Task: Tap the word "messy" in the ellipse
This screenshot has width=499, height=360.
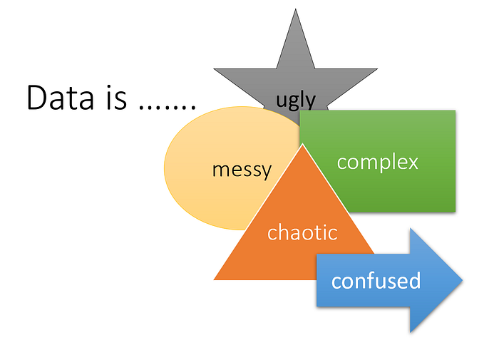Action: pos(242,170)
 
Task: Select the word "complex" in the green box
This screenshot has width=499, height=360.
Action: pos(377,163)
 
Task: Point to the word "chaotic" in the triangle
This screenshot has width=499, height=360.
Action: pos(302,232)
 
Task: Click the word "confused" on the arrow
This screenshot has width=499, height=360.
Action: pos(376,280)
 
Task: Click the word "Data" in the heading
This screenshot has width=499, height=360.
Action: pos(61,98)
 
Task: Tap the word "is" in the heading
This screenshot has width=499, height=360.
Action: pos(116,98)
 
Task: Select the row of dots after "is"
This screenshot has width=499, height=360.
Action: pos(168,107)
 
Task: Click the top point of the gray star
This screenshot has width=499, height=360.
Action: pos(295,9)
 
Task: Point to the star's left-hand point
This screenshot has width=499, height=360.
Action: pos(214,68)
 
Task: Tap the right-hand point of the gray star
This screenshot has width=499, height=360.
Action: pos(377,68)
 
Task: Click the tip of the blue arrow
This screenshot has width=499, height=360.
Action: pos(463,280)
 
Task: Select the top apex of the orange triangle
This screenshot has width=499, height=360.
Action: pos(303,144)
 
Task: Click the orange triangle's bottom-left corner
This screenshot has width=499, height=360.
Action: pos(214,279)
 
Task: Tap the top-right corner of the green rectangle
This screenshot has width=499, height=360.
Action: pos(456,110)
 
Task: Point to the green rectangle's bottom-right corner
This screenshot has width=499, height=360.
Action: pos(456,212)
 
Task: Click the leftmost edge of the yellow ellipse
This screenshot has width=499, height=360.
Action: pos(164,168)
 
